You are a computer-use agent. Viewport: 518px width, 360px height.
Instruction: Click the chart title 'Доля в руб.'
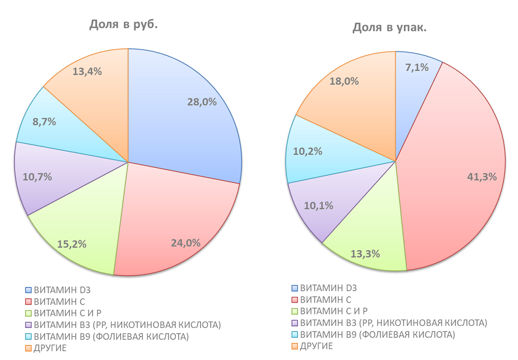[123, 24]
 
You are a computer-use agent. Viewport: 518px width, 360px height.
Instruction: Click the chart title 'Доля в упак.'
[390, 27]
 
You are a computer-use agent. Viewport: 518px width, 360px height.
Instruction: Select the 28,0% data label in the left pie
[202, 102]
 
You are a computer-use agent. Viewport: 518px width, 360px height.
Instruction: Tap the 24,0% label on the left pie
[186, 242]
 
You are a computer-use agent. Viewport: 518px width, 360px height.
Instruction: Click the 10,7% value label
[37, 177]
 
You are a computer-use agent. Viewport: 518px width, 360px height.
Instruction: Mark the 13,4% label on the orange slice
[87, 71]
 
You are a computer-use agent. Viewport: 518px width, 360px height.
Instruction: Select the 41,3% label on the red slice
[482, 177]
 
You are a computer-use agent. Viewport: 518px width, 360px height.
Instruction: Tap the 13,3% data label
[366, 254]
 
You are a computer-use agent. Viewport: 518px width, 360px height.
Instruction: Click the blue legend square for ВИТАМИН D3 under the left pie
[28, 290]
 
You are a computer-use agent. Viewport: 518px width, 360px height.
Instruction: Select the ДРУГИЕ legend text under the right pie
[316, 346]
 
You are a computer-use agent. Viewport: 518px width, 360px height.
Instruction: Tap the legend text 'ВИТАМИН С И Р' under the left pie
[67, 313]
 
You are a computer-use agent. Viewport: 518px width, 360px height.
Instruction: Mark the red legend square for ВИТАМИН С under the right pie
[295, 300]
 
